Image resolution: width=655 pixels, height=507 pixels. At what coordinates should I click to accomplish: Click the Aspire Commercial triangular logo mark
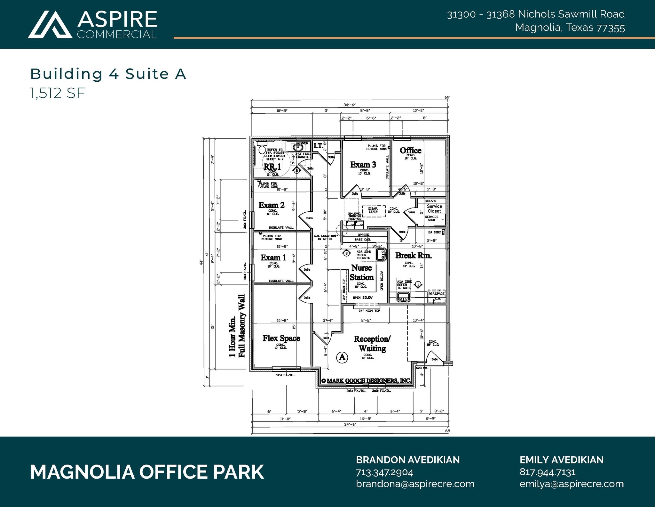pyautogui.click(x=50, y=25)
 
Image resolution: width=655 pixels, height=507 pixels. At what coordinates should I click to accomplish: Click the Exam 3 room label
pyautogui.click(x=363, y=165)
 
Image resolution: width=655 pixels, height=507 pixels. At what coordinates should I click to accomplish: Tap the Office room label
pyautogui.click(x=410, y=151)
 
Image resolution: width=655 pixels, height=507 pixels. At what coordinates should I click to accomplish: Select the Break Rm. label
pyautogui.click(x=413, y=255)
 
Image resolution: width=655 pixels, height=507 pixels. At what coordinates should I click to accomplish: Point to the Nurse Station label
pyautogui.click(x=361, y=272)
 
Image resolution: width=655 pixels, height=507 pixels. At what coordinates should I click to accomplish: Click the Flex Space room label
pyautogui.click(x=281, y=338)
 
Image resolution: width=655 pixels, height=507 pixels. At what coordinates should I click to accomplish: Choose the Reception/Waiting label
pyautogui.click(x=372, y=343)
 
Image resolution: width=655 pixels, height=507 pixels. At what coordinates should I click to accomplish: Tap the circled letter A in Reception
pyautogui.click(x=342, y=356)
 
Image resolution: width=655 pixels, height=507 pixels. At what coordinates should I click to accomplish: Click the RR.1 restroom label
pyautogui.click(x=272, y=167)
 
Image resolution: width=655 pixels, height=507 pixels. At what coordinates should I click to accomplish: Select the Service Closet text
pyautogui.click(x=434, y=209)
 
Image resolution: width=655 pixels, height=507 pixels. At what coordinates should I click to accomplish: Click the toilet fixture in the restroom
pyautogui.click(x=262, y=150)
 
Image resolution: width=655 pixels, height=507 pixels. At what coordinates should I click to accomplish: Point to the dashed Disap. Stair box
pyautogui.click(x=373, y=211)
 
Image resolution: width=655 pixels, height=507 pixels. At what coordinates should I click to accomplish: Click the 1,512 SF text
pyautogui.click(x=58, y=94)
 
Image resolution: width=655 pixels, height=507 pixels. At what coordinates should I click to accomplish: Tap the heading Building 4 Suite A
pyautogui.click(x=108, y=74)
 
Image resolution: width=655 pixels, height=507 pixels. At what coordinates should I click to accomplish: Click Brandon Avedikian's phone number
pyautogui.click(x=384, y=472)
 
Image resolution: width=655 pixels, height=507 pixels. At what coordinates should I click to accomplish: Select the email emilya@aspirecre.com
pyautogui.click(x=572, y=484)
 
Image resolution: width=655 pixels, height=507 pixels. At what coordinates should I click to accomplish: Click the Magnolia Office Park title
pyautogui.click(x=147, y=472)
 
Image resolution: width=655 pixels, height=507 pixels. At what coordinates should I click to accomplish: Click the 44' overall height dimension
pyautogui.click(x=201, y=263)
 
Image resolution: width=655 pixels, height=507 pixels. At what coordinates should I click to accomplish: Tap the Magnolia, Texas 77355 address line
pyautogui.click(x=570, y=28)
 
